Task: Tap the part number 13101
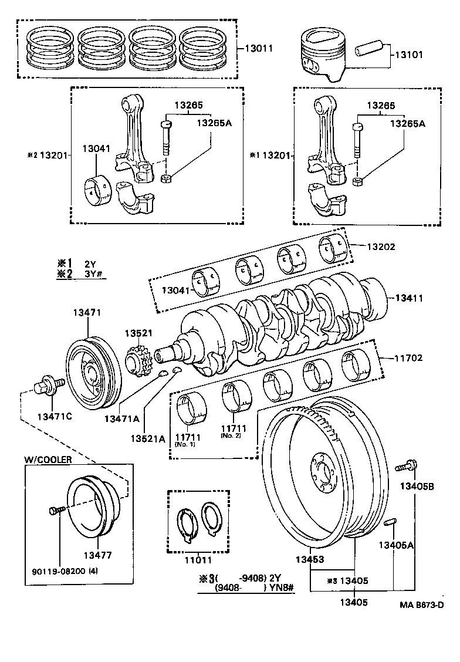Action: [x=408, y=55]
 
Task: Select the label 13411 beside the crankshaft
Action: [x=408, y=298]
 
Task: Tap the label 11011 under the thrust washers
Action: [x=199, y=560]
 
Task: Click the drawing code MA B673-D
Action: [x=421, y=604]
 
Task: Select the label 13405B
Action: [x=417, y=485]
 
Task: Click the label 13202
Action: [x=381, y=246]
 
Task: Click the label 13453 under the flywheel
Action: [x=310, y=560]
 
